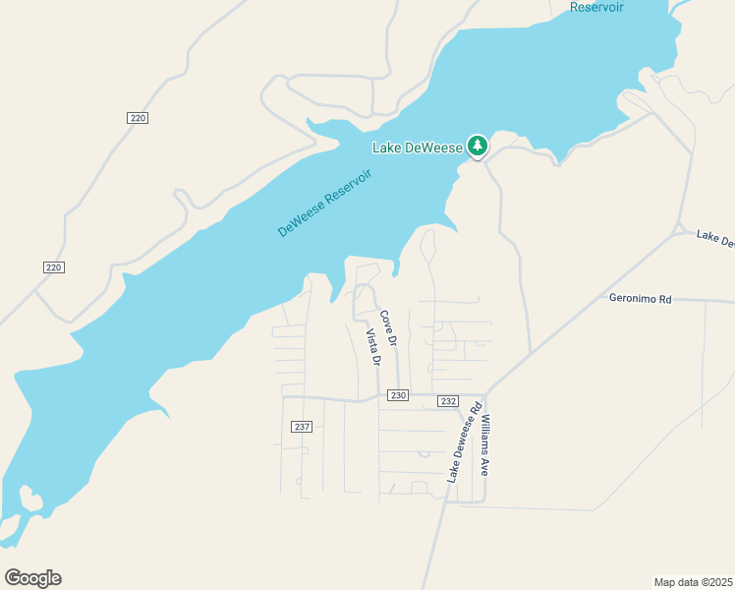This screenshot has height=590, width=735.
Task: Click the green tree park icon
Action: [478, 147]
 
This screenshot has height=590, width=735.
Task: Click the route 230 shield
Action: [397, 395]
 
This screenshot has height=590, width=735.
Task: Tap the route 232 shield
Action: [448, 401]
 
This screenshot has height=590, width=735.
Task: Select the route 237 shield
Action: [302, 427]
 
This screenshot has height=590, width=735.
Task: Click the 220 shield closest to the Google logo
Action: [54, 267]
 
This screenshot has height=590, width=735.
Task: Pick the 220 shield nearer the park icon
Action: [138, 118]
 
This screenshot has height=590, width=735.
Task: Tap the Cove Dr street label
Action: [388, 328]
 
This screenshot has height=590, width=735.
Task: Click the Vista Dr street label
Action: [372, 347]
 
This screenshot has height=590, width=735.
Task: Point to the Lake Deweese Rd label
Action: [464, 442]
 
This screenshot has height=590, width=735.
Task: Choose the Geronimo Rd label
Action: [639, 297]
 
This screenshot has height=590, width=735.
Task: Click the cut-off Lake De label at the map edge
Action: [715, 239]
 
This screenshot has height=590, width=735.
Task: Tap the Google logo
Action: [32, 578]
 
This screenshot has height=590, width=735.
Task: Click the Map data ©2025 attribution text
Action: [693, 581]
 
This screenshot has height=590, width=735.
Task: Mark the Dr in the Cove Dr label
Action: [392, 338]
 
